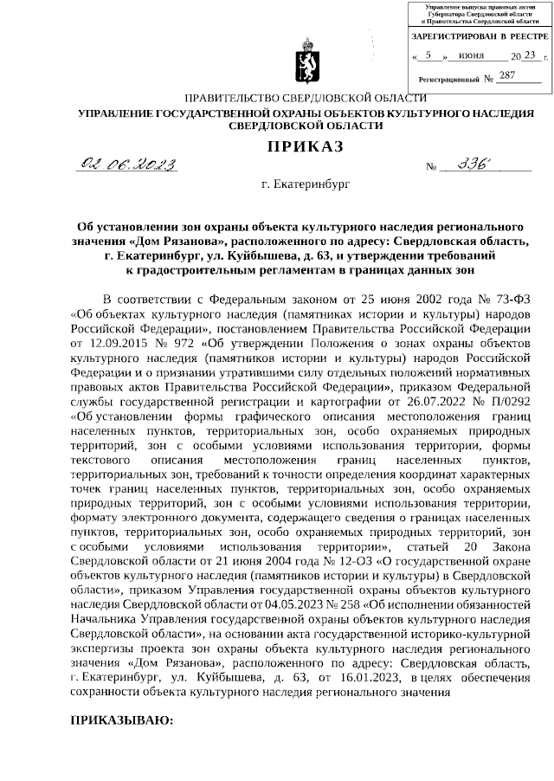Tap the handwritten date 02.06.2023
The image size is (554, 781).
click(x=127, y=165)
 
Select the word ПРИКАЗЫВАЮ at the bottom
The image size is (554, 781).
click(x=122, y=720)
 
